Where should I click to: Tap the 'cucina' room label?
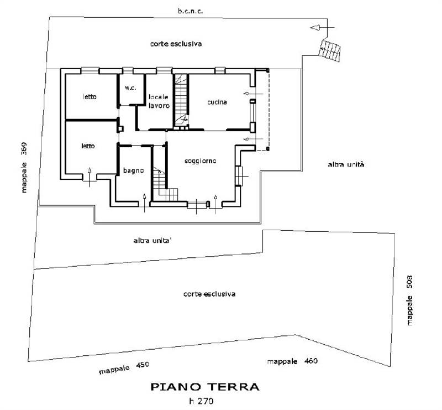tap(218, 102)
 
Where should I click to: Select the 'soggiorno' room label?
tap(200, 160)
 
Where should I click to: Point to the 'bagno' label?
tap(134, 171)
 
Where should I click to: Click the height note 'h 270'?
tap(204, 401)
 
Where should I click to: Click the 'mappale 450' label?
tap(124, 367)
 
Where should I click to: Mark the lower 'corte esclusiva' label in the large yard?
tap(209, 294)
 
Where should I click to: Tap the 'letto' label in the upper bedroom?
tap(90, 97)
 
